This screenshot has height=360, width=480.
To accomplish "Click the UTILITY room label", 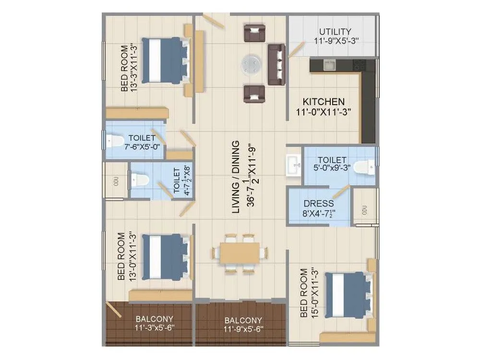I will [x=335, y=32].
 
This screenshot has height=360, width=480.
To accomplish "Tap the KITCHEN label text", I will [x=324, y=102].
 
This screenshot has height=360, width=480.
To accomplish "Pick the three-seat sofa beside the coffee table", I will [x=276, y=64].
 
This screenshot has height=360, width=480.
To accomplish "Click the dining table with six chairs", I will [x=240, y=253].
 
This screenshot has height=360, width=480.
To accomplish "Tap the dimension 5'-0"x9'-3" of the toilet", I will [x=332, y=168].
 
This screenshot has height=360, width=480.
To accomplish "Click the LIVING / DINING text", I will [x=235, y=177].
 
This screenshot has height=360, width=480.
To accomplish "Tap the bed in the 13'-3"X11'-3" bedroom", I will [x=165, y=60].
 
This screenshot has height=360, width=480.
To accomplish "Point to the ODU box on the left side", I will [x=115, y=180].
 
